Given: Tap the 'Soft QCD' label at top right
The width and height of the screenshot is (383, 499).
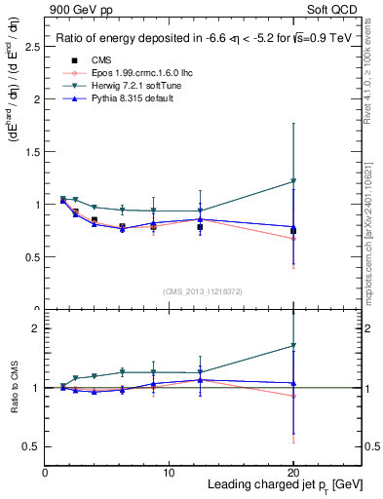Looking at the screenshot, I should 332,9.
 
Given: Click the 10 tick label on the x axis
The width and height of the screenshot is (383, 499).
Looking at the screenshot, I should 170,473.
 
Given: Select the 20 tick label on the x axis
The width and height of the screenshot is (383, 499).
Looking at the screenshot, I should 293,473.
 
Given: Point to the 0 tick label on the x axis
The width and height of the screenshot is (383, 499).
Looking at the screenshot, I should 46,473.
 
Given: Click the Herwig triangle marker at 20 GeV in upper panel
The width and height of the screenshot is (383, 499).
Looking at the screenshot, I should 293,181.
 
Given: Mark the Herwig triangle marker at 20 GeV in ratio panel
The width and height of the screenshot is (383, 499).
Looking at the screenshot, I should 293,345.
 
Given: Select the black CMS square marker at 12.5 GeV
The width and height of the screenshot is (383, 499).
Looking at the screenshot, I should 200,227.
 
